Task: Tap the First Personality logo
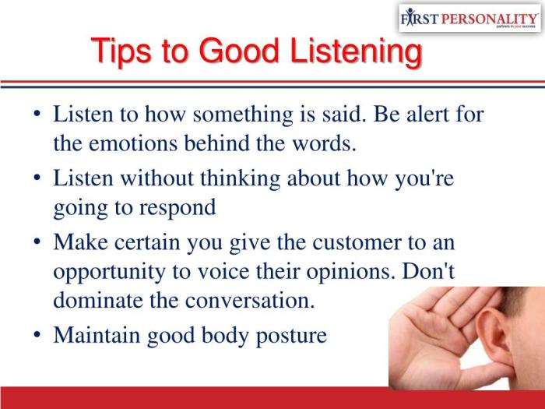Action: click(468, 18)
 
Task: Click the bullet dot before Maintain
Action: click(37, 335)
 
